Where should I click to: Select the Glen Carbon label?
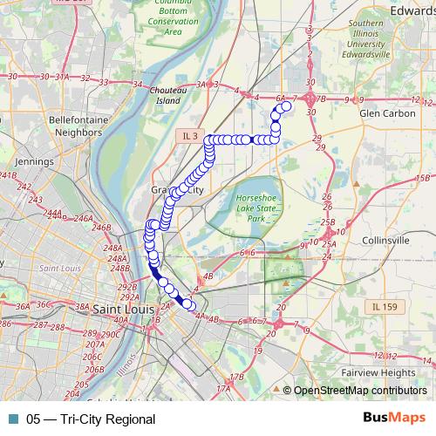click(380, 112)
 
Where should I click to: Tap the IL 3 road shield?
click(191, 135)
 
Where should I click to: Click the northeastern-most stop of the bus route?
click(286, 106)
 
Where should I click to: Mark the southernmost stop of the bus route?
click(188, 304)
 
